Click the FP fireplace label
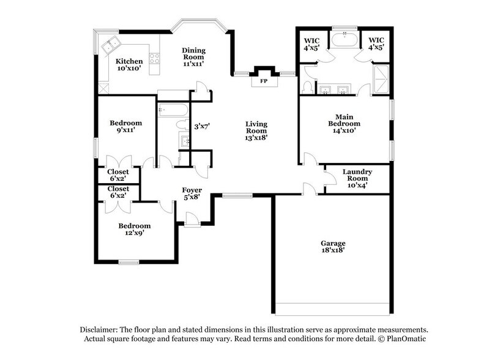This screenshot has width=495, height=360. pos(264,80)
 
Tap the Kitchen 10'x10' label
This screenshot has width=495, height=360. pos(129,64)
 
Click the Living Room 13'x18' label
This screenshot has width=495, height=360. pos(256,130)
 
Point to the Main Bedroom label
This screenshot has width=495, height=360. pos(345,123)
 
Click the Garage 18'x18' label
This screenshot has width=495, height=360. pos(332,246)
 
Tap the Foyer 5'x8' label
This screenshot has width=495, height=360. pos(192,193)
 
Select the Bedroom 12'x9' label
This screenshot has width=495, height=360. pos(135,230)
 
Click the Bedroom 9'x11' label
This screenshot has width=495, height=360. pos(125,126)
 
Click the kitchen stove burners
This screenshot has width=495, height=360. pos(155,59)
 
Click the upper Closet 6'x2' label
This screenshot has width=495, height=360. pos(118,176)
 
